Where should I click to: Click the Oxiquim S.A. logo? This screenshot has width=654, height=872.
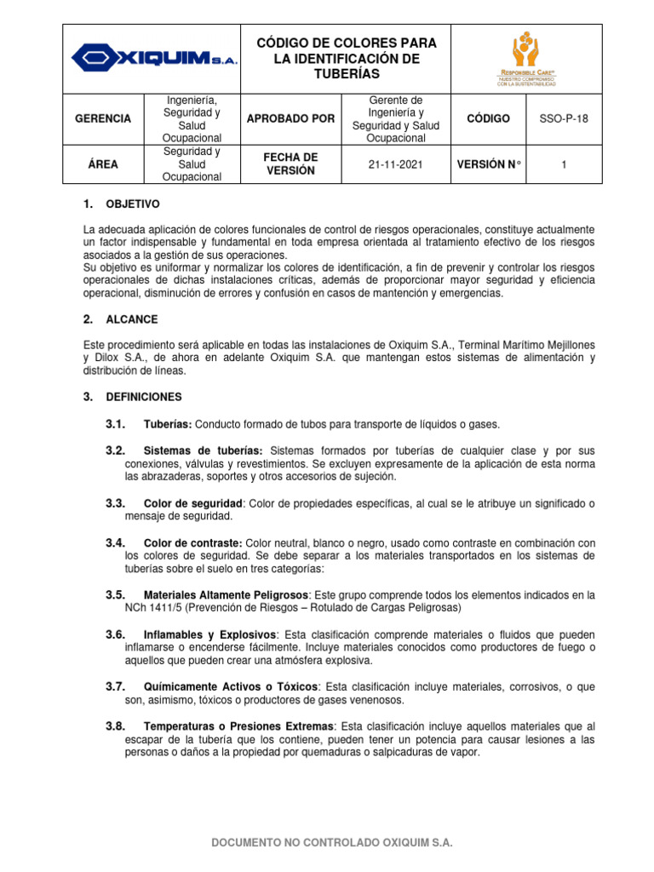[x=154, y=58]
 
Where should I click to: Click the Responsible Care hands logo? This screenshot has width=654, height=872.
[x=525, y=59]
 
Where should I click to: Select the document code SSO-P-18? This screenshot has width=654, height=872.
[x=564, y=118]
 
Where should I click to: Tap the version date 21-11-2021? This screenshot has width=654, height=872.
[x=395, y=164]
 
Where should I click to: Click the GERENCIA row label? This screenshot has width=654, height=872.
[x=103, y=118]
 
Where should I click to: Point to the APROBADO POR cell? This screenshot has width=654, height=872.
[x=290, y=118]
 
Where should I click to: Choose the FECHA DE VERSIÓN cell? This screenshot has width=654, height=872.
[x=290, y=164]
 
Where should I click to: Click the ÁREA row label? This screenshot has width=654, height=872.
[x=103, y=164]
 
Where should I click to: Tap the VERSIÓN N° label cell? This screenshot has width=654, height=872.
[x=488, y=164]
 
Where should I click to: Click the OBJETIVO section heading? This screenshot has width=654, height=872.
[x=132, y=205]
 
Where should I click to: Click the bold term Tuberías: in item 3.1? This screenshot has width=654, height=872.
[x=168, y=424]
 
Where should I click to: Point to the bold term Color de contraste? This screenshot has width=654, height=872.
[x=193, y=542]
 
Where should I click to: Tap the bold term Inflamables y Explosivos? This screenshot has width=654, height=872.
[x=210, y=635]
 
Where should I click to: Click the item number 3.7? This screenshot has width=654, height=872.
[x=115, y=686]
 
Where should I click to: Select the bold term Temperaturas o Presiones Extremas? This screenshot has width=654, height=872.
[x=239, y=726]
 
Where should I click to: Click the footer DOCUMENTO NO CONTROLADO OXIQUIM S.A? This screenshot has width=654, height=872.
[x=332, y=842]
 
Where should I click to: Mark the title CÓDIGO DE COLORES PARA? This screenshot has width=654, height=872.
[x=346, y=43]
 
